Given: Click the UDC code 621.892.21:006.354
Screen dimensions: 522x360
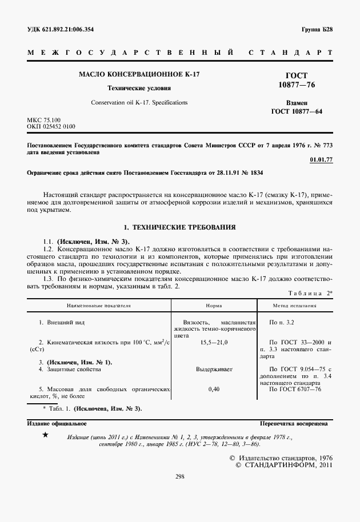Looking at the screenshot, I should click(61, 29).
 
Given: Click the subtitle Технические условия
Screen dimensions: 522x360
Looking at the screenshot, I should click(139, 89).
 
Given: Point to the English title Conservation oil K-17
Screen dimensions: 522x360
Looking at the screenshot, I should click(139, 103).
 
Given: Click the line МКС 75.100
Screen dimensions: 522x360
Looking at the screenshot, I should click(44, 119).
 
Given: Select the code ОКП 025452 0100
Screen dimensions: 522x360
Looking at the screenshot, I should click(51, 126).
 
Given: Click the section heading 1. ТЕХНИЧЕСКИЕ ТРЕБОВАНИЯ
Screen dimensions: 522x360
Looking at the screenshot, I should click(179, 227).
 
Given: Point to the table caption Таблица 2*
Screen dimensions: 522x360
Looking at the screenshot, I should click(311, 293).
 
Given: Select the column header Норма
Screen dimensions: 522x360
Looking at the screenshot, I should click(214, 306).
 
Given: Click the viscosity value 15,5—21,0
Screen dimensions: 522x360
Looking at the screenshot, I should click(214, 342).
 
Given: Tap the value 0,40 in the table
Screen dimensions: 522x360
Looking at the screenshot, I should click(214, 389).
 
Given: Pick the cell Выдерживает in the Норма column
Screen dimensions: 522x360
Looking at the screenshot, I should click(214, 370).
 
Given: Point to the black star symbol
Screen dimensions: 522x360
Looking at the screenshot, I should click(46, 436).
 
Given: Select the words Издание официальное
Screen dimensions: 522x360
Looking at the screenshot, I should click(57, 424).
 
